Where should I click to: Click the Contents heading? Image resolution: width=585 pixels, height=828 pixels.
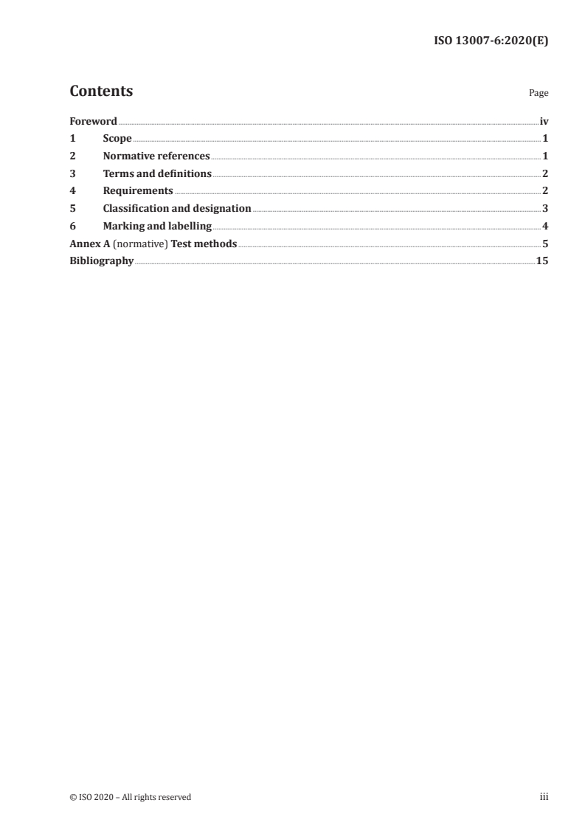tap(101, 92)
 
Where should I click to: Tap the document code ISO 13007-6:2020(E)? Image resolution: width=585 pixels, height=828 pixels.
tap(490, 41)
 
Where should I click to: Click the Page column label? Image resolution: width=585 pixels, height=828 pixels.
tap(539, 93)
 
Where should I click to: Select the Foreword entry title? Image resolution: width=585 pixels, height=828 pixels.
tap(93, 121)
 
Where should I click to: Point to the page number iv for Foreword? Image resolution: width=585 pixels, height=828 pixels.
tap(544, 121)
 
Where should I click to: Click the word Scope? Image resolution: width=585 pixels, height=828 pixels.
tap(117, 139)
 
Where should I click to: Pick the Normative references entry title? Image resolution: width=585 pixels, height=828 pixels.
tap(156, 156)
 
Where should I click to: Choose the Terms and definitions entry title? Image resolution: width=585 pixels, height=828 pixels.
tap(157, 173)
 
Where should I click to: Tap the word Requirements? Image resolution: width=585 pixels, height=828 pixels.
tap(138, 191)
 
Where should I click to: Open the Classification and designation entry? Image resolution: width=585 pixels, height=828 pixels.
tap(177, 209)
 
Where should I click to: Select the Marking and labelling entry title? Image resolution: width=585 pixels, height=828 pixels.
tap(157, 226)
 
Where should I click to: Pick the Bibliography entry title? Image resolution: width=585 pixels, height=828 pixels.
tap(101, 261)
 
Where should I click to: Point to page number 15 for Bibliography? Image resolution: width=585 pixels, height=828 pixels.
tap(542, 261)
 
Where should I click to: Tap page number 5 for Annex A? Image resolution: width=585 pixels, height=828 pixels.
tap(545, 244)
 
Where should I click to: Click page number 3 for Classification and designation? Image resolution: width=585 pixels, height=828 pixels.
tap(545, 209)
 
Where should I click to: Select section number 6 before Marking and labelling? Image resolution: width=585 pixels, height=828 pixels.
tap(72, 226)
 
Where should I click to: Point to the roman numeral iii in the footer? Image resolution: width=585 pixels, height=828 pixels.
tap(544, 797)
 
